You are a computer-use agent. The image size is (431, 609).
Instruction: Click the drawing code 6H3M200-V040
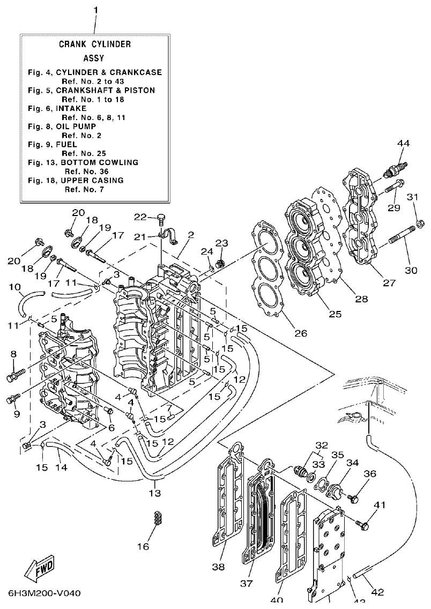(x=44, y=593)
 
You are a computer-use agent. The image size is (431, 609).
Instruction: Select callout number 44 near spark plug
(x=403, y=143)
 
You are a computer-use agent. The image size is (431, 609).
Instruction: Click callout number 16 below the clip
(x=143, y=546)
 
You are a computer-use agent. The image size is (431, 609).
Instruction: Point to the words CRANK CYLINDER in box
(x=95, y=44)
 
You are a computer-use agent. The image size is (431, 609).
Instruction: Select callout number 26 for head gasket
(x=301, y=333)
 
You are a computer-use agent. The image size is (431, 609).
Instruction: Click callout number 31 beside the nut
(x=412, y=198)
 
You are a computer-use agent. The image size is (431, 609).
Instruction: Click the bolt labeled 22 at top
(x=160, y=218)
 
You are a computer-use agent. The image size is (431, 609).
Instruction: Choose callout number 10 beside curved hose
(x=14, y=287)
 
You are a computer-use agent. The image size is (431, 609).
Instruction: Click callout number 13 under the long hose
(x=155, y=493)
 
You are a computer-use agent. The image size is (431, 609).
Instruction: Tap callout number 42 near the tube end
(x=377, y=592)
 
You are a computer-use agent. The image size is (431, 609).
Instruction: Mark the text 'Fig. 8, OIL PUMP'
(x=62, y=126)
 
